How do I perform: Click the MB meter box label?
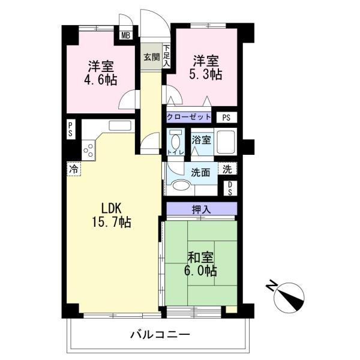pos(126,35)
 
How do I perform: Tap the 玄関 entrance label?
pos(152,57)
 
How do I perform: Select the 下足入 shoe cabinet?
pos(166,56)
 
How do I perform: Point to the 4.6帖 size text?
pos(101,80)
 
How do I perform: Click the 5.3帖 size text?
pos(205,74)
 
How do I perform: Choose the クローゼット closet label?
pos(189,117)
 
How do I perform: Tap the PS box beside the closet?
pos(226,118)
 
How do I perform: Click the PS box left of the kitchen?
pos(70,130)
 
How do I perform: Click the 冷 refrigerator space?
pos(74,169)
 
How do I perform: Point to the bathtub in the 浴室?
pos(226,142)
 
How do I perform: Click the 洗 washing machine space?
pos(227,169)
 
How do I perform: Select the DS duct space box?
pos(230,189)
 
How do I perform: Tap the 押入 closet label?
pos(201,209)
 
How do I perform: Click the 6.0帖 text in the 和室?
pos(200,271)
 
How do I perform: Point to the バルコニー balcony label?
pos(160,335)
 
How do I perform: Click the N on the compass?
pos(271,285)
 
